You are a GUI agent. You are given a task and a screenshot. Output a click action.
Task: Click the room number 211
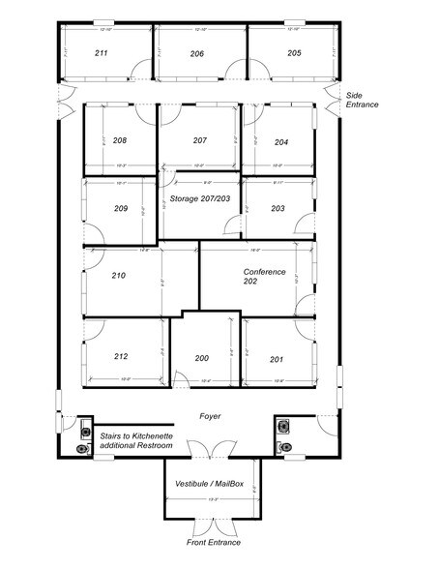[101, 53]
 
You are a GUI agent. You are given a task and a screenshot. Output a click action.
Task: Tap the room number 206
[196, 53]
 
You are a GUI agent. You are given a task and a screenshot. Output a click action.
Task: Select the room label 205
[294, 53]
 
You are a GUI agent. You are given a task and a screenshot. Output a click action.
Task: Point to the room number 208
[120, 141]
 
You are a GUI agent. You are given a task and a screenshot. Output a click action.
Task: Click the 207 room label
[199, 141]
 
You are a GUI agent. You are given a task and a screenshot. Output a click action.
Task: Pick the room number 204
[280, 142]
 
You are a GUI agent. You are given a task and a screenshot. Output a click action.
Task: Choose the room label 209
[121, 208]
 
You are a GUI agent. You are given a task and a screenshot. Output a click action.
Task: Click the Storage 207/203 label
[199, 199]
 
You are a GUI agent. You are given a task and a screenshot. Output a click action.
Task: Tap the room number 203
[278, 208]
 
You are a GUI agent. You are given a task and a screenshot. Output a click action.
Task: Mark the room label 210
[119, 276]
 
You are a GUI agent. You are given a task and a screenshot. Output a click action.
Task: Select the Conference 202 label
[264, 278]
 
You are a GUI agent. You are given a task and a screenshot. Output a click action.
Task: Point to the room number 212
[121, 356]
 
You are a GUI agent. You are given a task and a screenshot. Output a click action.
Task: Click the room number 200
[201, 358]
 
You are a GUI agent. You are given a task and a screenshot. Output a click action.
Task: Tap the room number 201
[277, 359]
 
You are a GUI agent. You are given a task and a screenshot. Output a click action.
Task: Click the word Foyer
[210, 416]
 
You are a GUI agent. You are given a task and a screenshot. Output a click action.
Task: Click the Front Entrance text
[211, 544]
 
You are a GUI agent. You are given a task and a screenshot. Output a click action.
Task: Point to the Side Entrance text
[363, 100]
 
